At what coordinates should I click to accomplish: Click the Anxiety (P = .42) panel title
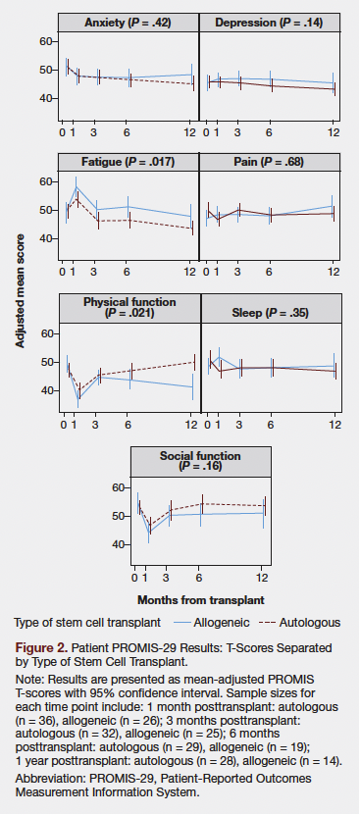[129, 21]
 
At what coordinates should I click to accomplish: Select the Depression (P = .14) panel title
[268, 21]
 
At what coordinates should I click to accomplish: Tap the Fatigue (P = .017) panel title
[129, 161]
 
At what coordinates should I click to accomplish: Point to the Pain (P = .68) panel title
[268, 161]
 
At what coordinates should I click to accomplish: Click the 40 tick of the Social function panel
[119, 545]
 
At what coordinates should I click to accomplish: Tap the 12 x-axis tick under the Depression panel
[334, 130]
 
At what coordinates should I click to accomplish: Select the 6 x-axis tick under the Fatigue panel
[127, 271]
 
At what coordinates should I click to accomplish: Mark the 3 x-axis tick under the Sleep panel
[238, 424]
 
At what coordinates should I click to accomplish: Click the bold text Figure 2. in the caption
[41, 649]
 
